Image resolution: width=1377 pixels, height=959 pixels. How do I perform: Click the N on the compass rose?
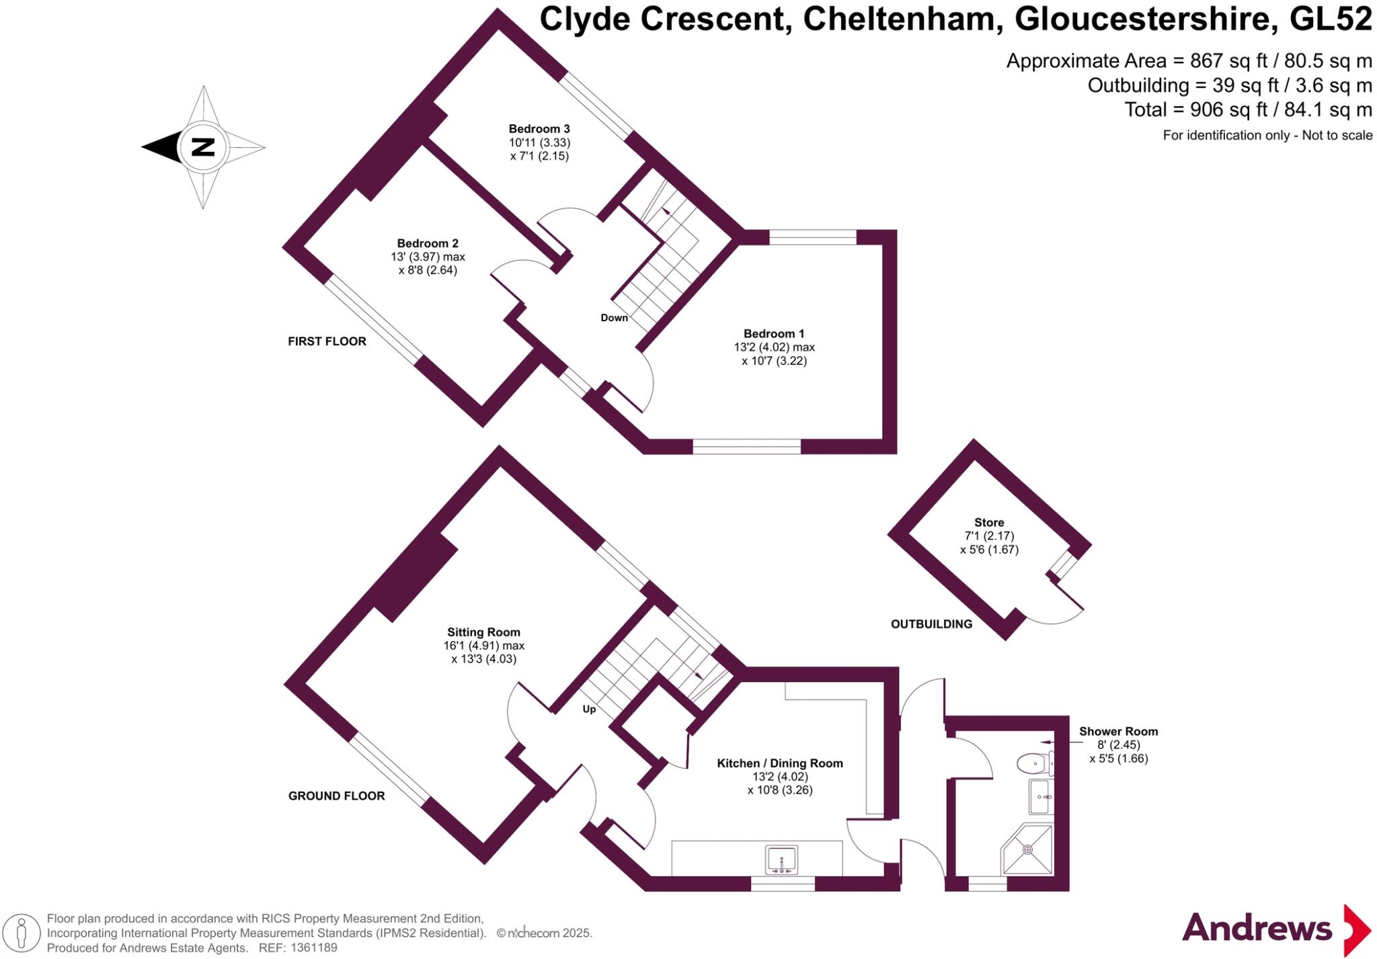(203, 147)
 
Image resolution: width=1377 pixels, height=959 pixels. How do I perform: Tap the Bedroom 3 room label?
(539, 129)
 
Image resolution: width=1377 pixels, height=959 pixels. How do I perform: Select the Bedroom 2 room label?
(428, 243)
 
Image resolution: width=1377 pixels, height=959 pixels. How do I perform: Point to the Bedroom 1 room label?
(774, 334)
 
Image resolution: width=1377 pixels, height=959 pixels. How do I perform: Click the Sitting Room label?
(483, 632)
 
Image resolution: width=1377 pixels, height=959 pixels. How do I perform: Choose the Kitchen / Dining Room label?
(780, 763)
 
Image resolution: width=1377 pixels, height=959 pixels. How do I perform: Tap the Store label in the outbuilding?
(989, 523)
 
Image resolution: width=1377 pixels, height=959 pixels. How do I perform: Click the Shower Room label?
(1118, 732)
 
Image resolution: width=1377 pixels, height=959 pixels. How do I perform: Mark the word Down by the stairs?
(614, 318)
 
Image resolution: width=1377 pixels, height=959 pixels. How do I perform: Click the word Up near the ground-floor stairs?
(589, 709)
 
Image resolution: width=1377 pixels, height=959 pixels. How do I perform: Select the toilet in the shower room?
(1033, 763)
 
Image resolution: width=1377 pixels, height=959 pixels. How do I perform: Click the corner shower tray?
(1027, 849)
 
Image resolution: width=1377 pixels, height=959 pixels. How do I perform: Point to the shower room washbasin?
(1040, 797)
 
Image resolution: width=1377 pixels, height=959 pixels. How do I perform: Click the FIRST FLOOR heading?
(327, 341)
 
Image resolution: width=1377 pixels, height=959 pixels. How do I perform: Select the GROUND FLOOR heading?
(336, 796)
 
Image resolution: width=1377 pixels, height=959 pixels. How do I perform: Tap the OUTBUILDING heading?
(931, 624)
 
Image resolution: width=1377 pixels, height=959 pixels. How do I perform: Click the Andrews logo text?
(1257, 929)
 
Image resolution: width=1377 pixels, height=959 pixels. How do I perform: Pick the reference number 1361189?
(313, 948)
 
